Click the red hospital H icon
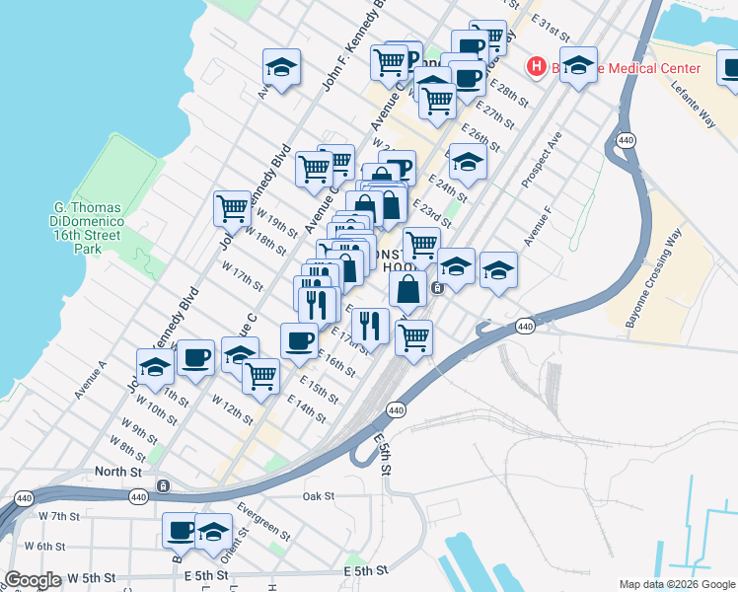pos(537,67)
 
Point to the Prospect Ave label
pos(543,159)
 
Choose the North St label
pos(118,473)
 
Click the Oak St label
pos(319,495)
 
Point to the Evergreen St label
pos(263,521)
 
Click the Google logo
pos(34,580)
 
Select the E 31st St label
pos(551,22)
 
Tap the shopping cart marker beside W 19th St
pos(231,207)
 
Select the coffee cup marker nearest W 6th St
pos(180,530)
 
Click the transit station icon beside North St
pos(164,485)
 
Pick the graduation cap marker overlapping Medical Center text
pos(578,65)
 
